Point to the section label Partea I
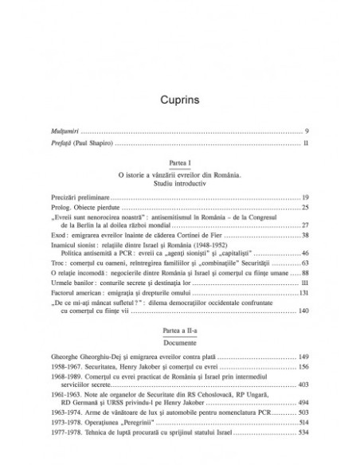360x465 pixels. [179, 165]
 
